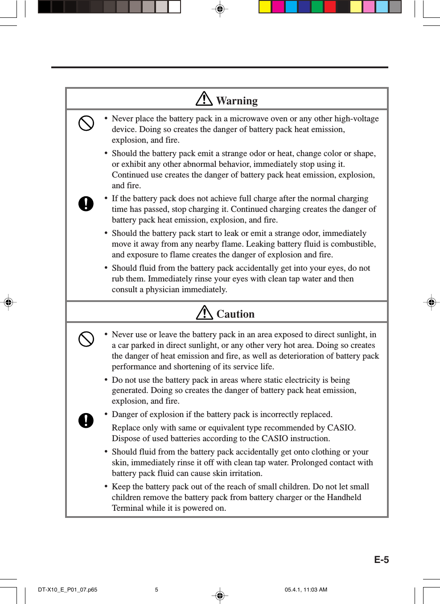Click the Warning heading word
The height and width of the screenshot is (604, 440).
click(x=237, y=101)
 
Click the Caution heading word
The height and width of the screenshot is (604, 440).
click(x=235, y=314)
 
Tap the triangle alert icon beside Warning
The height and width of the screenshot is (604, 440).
click(x=204, y=99)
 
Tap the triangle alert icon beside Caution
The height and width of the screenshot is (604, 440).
click(x=205, y=312)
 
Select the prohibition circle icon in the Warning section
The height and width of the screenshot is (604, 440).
click(x=86, y=123)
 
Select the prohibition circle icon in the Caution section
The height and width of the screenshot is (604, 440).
click(x=86, y=339)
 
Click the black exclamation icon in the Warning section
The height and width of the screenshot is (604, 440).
click(x=86, y=203)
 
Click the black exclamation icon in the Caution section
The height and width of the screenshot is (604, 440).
click(x=86, y=420)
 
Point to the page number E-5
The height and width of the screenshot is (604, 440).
click(x=381, y=560)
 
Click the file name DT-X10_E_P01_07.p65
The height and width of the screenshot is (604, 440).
click(x=67, y=590)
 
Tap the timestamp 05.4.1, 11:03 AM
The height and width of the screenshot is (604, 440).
click(x=306, y=590)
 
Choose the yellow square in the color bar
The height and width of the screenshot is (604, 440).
click(x=265, y=7)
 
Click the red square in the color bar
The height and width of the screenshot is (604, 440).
click(x=330, y=7)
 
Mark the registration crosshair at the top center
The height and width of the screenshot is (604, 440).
click(x=220, y=8)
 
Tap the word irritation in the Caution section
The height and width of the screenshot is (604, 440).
click(x=245, y=473)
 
